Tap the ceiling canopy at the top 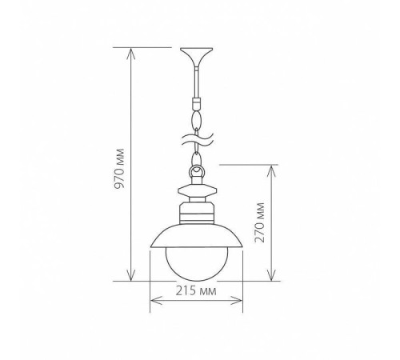click(x=197, y=56)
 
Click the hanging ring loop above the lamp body click(x=197, y=170)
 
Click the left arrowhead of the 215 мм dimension click(x=154, y=304)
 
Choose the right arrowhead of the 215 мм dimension click(x=240, y=304)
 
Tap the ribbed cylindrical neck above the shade click(x=197, y=214)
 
